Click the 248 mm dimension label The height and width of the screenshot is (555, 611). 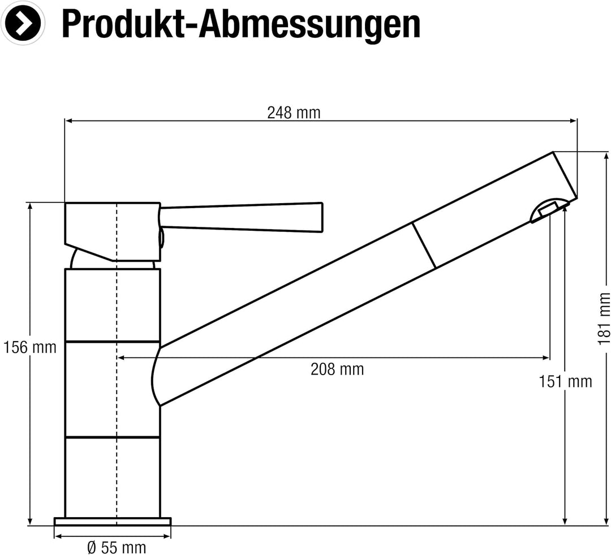(294, 113)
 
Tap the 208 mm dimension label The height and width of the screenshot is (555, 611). (337, 369)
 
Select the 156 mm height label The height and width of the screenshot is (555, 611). (30, 347)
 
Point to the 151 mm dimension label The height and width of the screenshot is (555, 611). (565, 381)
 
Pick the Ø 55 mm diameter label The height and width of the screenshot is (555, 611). (117, 547)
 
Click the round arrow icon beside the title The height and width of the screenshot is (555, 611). (23, 24)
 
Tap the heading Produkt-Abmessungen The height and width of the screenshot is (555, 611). (240, 24)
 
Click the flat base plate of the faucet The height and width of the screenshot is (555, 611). (112, 521)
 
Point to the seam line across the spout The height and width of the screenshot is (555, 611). (424, 245)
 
